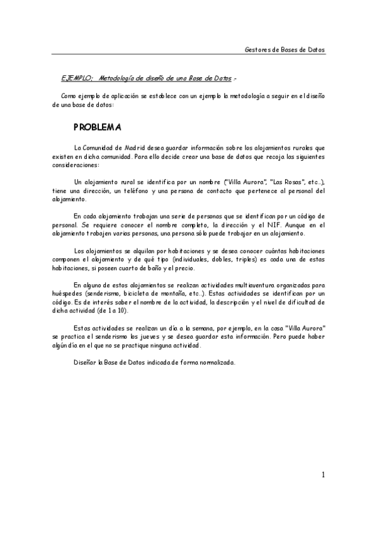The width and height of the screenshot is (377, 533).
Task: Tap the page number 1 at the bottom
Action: click(x=323, y=475)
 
